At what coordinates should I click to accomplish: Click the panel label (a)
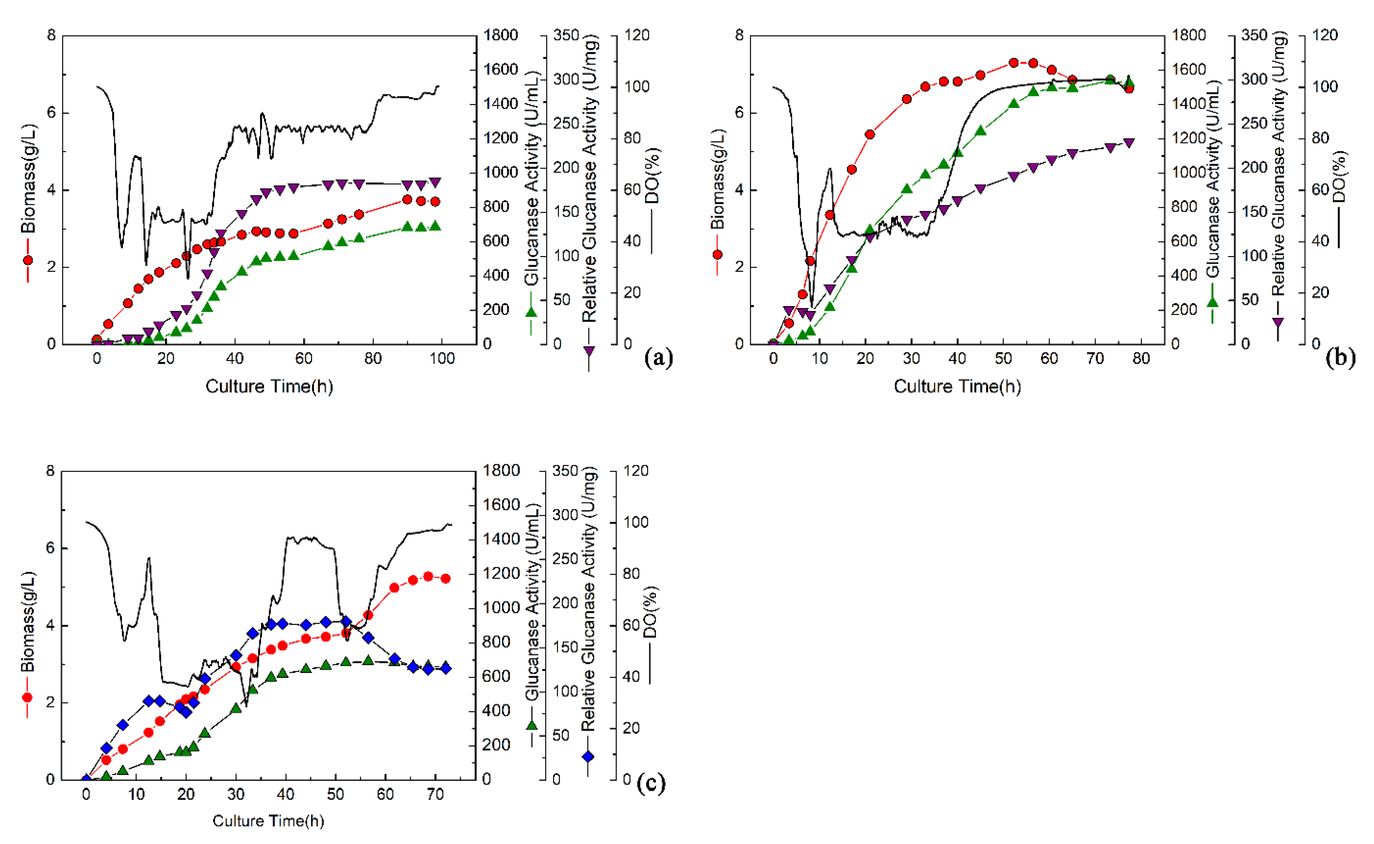coord(658,357)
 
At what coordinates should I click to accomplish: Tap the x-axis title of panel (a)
coord(269,386)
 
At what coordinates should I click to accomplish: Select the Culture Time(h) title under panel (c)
coord(268,821)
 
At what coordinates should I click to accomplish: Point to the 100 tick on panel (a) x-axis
coord(442,359)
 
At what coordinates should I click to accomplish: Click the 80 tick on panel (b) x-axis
coord(1141,359)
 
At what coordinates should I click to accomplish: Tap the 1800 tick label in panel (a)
coord(501,35)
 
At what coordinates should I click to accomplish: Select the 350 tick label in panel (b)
coord(1254,35)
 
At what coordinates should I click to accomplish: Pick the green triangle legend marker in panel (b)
coord(1212,302)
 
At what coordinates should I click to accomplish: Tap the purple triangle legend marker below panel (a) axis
coord(589,351)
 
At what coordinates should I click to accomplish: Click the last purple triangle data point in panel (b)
coord(1128,143)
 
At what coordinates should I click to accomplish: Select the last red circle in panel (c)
coord(445,579)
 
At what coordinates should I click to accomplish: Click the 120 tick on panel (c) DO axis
coord(636,471)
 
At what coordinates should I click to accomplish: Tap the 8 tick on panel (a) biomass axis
coord(51,36)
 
